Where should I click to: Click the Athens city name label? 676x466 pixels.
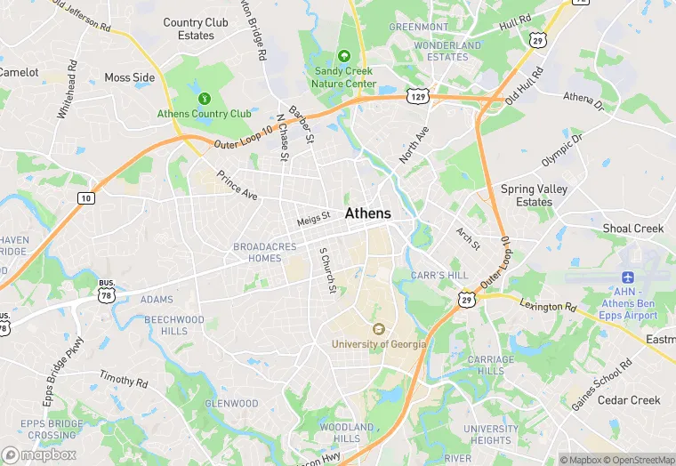click(367, 213)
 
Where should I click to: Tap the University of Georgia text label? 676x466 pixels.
click(379, 344)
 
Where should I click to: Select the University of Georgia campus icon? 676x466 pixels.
click(379, 329)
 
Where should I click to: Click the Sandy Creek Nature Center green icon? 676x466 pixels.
click(344, 58)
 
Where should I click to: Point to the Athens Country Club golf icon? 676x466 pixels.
click(205, 98)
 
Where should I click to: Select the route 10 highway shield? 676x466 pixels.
click(85, 197)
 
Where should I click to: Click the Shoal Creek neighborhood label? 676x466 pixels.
click(633, 229)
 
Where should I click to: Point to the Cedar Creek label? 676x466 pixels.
click(629, 400)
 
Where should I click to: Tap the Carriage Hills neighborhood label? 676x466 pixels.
click(491, 366)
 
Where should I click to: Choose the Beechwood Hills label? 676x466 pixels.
click(173, 325)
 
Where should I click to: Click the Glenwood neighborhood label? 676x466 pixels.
click(231, 404)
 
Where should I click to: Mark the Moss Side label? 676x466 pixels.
click(130, 77)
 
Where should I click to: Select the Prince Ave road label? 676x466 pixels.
click(237, 185)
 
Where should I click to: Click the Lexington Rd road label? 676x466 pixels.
click(549, 306)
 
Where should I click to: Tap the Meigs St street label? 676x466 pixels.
click(313, 216)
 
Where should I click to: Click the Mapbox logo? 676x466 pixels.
click(39, 454)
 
